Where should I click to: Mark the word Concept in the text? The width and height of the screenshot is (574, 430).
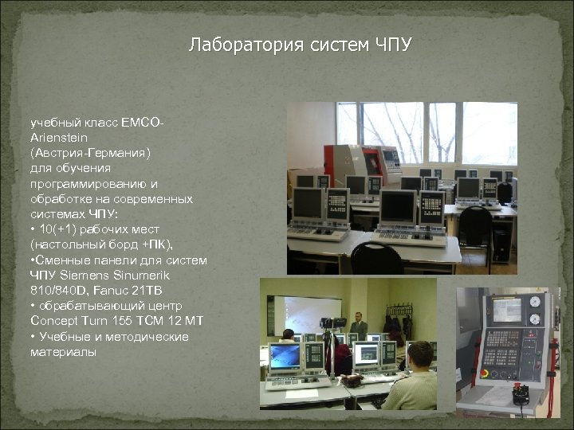coord(55,319)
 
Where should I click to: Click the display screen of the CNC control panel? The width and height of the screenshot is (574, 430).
coord(506,310)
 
